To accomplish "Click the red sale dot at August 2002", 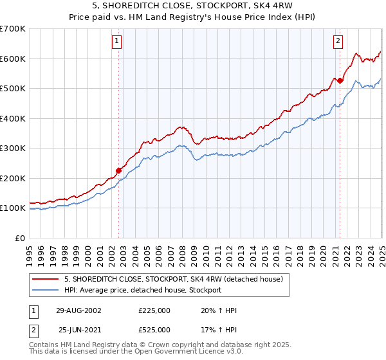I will (119, 170).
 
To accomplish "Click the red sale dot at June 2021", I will (340, 81).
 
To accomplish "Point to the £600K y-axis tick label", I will (12, 59).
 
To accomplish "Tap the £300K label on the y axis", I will (12, 148).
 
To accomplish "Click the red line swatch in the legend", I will (45, 279).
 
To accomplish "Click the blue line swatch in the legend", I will (45, 290).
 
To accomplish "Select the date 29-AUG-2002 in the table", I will (78, 310).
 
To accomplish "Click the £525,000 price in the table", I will (154, 330).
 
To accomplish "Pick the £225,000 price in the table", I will (154, 310).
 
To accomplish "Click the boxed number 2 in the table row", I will (32, 330).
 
